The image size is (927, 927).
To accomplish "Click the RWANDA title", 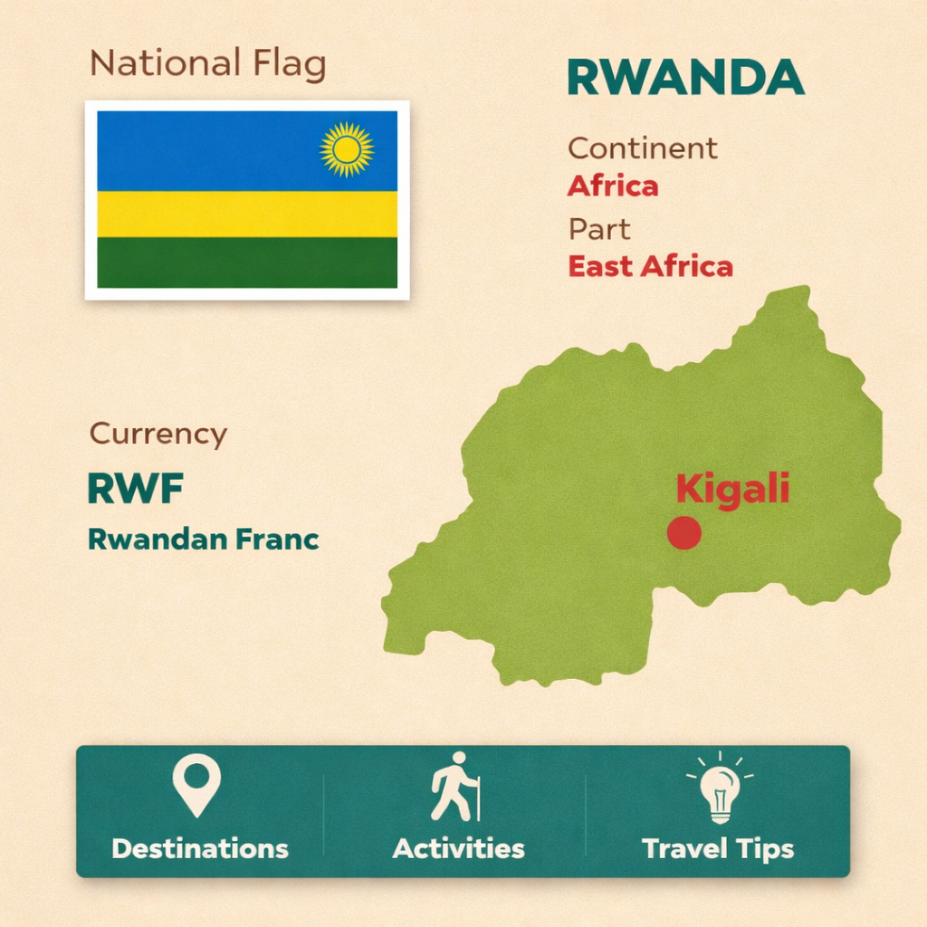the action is tap(686, 78).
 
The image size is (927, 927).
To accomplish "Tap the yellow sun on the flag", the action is tap(347, 149).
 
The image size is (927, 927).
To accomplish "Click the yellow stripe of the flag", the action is tap(247, 214).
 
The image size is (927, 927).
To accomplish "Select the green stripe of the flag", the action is tap(247, 263).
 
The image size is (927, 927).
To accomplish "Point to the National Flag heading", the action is tap(208, 63).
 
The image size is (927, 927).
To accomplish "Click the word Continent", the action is tap(643, 148).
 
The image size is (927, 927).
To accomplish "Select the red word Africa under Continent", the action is tap(613, 186).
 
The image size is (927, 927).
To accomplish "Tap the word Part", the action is tap(599, 229).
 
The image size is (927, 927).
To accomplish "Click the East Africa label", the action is tap(650, 267).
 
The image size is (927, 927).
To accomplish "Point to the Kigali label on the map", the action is tap(733, 490).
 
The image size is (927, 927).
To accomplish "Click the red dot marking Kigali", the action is tap(684, 532).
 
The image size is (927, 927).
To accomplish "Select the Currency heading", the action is tap(158, 434).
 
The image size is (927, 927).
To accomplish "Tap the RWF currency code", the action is tap(136, 488).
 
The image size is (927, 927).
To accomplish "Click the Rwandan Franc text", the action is tap(204, 540).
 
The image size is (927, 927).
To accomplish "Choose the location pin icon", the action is tap(196, 786).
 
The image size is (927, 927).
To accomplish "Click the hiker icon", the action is tap(455, 787).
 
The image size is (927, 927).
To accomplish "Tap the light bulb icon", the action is tap(720, 788).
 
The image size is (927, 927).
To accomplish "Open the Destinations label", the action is tap(200, 849).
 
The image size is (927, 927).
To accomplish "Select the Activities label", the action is tap(458, 849).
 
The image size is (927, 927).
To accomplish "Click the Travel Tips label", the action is tap(718, 850).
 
